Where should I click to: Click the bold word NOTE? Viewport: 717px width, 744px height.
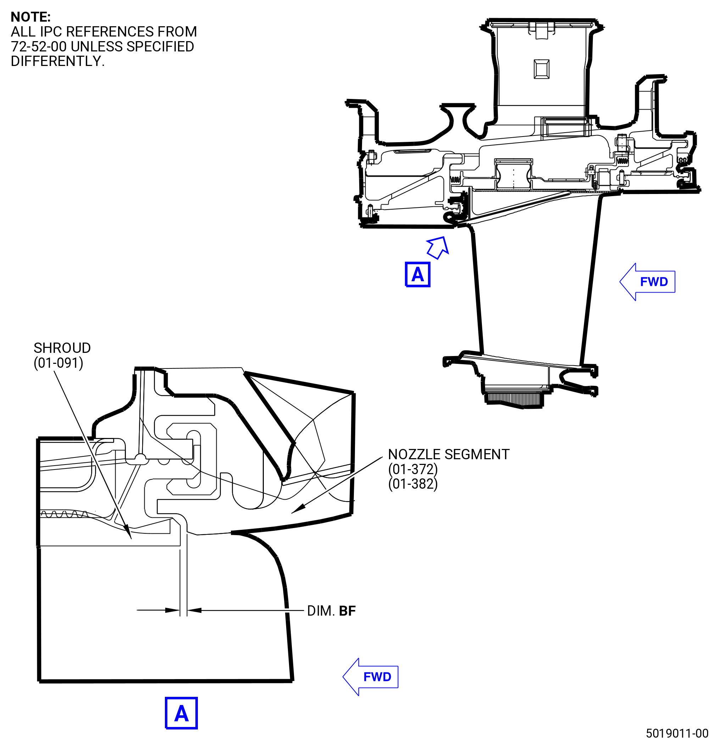[x=30, y=17]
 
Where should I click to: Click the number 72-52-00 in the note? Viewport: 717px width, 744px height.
[x=39, y=46]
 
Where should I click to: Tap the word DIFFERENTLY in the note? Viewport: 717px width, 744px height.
[x=56, y=61]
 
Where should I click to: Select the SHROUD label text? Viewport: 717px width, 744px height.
[x=62, y=348]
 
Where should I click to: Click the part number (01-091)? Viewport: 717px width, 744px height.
[x=59, y=363]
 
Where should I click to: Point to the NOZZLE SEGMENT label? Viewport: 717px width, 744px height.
[x=449, y=454]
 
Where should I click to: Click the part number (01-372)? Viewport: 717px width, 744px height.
[x=413, y=469]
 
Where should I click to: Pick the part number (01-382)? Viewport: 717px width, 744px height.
[x=413, y=484]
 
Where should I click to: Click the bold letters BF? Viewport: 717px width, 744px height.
[x=347, y=611]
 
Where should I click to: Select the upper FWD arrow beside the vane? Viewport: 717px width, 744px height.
[x=647, y=282]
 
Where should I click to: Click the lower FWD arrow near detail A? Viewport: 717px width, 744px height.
[x=371, y=677]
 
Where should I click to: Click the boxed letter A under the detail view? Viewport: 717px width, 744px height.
[x=182, y=713]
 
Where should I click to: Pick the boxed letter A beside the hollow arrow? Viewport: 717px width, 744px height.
[x=417, y=274]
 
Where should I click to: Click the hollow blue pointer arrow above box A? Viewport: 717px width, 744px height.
[x=438, y=248]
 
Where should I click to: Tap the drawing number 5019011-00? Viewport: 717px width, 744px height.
[x=677, y=733]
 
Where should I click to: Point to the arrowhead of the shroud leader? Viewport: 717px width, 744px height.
[x=128, y=532]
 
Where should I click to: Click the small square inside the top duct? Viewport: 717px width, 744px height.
[x=541, y=69]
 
